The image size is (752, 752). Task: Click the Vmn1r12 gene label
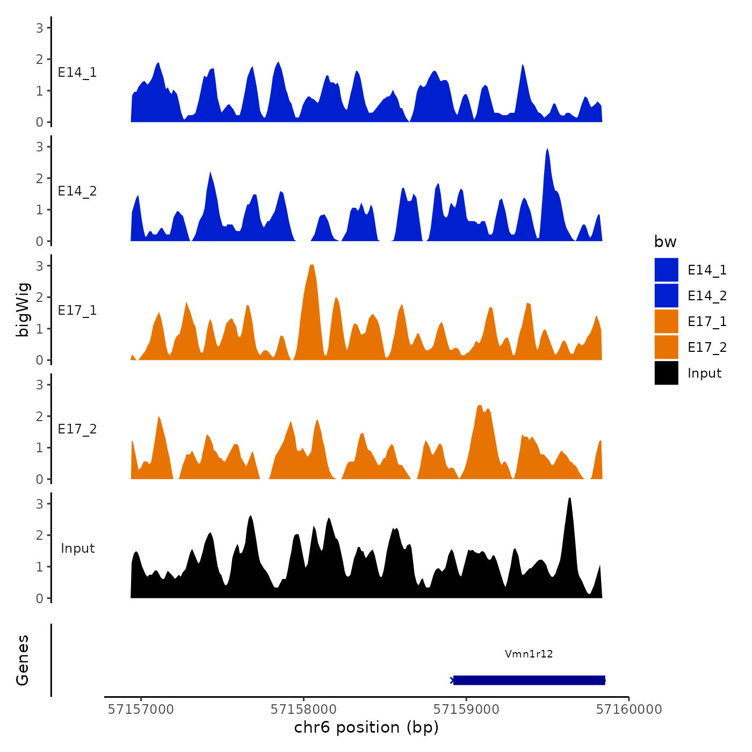tap(529, 654)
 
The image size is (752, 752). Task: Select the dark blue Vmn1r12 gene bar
tap(529, 680)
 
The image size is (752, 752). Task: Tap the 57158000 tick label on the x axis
tap(303, 709)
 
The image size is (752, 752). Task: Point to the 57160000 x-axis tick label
tap(629, 709)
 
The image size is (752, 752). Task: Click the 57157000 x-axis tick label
tap(141, 709)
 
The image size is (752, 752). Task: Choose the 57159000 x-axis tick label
tap(466, 709)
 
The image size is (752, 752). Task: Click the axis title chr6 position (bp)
tap(366, 727)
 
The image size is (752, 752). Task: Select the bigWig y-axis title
tap(23, 310)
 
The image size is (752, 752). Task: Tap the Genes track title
tap(23, 660)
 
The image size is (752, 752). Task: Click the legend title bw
tap(665, 242)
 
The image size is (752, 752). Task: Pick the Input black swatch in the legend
tap(666, 373)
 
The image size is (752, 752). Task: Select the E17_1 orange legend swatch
tap(666, 321)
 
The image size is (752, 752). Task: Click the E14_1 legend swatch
tap(666, 270)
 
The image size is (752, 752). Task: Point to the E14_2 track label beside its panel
tap(77, 191)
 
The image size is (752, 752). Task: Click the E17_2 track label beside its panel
tap(77, 429)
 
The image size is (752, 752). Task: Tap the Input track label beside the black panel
tap(77, 548)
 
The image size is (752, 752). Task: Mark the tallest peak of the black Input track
tap(569, 500)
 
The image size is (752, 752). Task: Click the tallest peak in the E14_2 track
tap(547, 150)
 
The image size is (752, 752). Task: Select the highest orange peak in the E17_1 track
tap(312, 266)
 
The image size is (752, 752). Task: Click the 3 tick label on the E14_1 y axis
tap(39, 27)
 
